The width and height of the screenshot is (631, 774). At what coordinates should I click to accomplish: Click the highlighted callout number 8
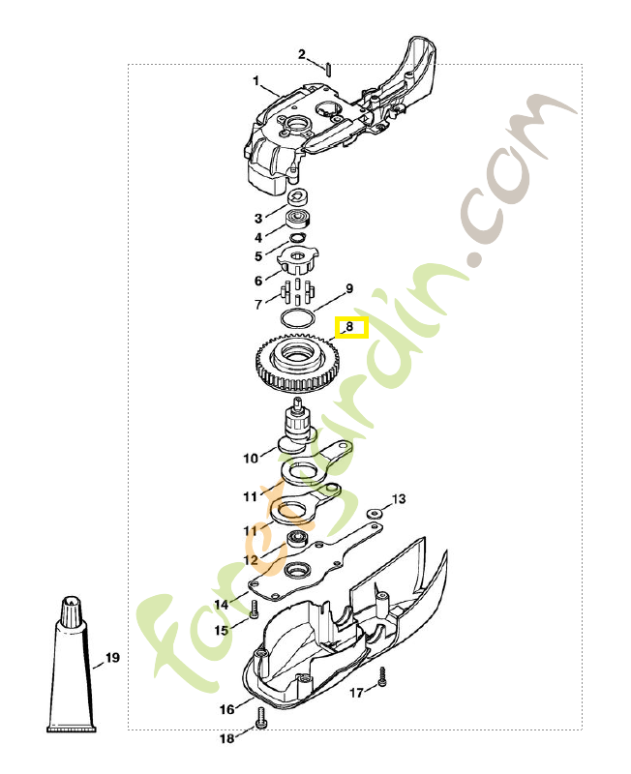pos(349,327)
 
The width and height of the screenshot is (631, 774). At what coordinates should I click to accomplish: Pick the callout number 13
pos(399,499)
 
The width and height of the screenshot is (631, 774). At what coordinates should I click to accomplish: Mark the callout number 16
pos(226,709)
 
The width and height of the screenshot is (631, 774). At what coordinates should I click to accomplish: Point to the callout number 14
pos(222,605)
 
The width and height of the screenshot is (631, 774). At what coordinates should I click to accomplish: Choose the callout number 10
pos(249,458)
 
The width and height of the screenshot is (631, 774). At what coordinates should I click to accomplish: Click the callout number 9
pos(349,288)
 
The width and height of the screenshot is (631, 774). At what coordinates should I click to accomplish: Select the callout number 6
pos(258,281)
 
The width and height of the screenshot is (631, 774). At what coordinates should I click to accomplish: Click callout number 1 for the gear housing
pos(256,80)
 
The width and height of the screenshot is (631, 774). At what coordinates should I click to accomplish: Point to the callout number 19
pos(112,658)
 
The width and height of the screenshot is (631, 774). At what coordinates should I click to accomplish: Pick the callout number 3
pos(258,218)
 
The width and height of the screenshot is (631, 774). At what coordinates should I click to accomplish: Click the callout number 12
pos(250,559)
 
